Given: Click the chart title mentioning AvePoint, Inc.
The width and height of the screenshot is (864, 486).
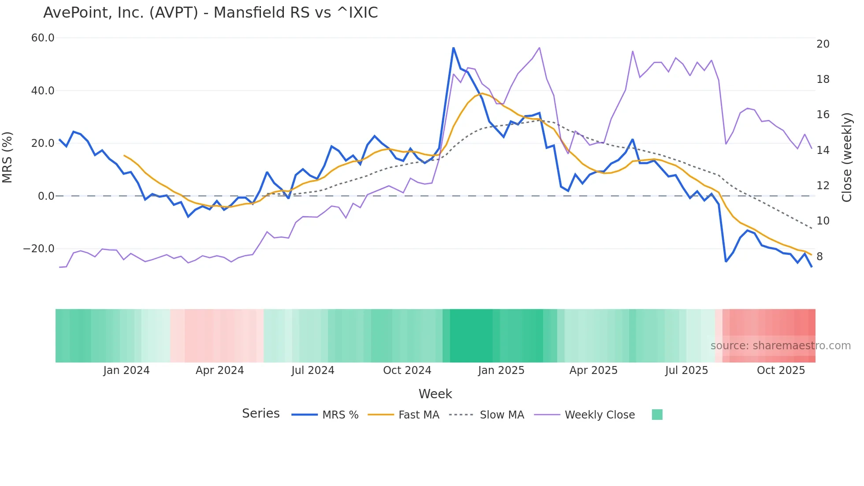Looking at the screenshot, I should [210, 13].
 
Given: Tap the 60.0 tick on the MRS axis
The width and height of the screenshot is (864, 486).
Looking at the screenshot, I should [43, 38].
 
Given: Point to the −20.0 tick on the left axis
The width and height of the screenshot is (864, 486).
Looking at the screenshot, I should [39, 249].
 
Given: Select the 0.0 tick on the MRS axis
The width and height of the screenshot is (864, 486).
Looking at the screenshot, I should [46, 196].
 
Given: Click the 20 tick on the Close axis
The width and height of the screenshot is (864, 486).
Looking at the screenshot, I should [823, 44].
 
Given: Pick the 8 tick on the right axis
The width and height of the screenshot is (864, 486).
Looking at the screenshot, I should [819, 257].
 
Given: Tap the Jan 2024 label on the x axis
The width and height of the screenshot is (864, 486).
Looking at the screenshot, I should [127, 370].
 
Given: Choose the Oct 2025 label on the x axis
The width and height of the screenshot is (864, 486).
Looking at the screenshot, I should [781, 370].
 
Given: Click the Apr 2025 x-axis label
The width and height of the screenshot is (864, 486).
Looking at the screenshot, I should [593, 370].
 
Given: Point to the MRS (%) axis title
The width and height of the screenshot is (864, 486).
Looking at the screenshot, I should [7, 157].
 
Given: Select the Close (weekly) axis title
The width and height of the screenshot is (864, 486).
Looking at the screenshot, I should [846, 157].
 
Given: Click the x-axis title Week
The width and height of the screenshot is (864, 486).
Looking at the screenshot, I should [435, 394].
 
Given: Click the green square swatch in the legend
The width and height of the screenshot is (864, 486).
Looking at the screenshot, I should [657, 415].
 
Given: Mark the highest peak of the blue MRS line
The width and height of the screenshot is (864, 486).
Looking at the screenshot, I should [453, 48].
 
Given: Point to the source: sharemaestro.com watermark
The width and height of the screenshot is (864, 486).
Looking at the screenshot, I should [780, 346].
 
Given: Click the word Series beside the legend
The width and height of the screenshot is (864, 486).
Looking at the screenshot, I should [261, 414].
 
